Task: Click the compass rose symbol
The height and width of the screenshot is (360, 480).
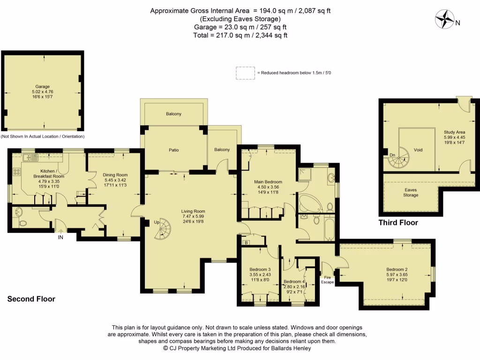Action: coord(445,20)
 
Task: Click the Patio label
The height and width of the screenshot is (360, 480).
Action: coord(174,150)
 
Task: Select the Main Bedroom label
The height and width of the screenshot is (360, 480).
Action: coord(268,182)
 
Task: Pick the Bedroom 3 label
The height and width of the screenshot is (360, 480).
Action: coord(260,270)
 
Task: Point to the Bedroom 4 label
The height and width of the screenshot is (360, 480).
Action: coord(294,282)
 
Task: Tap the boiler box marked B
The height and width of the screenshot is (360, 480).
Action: coord(247,242)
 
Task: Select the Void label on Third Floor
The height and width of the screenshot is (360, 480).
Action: coord(418,150)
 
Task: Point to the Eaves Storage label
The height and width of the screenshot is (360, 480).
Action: coord(411,192)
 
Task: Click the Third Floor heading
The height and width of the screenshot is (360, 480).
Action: coord(398,223)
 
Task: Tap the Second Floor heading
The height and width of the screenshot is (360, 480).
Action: coord(31,299)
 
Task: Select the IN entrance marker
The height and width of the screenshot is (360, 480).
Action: coord(60,237)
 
